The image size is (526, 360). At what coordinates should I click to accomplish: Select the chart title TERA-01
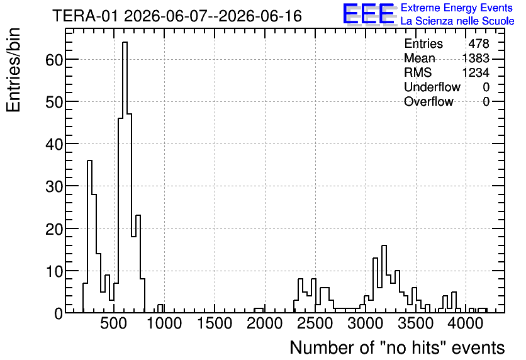[x=85, y=16]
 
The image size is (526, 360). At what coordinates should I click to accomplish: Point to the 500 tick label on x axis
[x=114, y=324]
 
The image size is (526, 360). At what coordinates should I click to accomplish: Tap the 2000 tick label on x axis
[x=265, y=324]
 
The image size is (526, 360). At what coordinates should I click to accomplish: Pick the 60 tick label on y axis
[x=53, y=60]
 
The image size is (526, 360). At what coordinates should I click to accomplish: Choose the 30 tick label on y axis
[x=53, y=186]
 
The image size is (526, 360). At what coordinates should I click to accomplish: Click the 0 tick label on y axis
[x=59, y=313]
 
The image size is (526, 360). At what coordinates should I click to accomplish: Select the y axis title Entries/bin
[x=13, y=70]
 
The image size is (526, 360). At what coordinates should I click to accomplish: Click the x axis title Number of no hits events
[x=397, y=347]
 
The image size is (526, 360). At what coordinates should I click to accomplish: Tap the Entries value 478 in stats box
[x=479, y=43]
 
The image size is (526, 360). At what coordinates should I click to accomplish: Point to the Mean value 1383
[x=476, y=58]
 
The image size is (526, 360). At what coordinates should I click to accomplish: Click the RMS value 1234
[x=476, y=72]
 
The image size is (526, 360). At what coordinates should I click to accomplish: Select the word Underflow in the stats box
[x=432, y=87]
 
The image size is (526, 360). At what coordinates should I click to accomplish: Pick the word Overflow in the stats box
[x=428, y=101]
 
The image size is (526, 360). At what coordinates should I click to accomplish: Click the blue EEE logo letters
[x=369, y=14]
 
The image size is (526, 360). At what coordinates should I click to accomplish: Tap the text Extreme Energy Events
[x=457, y=8]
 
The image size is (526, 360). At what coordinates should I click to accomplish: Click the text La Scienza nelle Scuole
[x=457, y=21]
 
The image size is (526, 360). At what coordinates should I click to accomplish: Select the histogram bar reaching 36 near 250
[x=89, y=237]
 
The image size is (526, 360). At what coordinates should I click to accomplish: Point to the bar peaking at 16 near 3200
[x=384, y=279]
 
